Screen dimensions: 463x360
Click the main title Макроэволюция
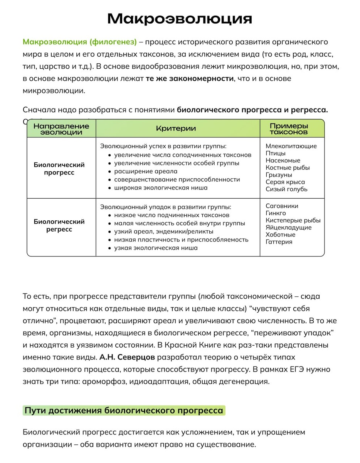click(180, 19)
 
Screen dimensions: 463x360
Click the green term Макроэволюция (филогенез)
click(80, 42)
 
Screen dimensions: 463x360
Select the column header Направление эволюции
click(61, 129)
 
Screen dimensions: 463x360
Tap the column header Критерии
click(176, 128)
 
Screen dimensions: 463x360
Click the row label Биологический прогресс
click(59, 169)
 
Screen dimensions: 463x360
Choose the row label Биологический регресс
click(59, 225)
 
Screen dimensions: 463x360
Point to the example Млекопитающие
click(291, 146)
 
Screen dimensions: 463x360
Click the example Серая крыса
click(285, 182)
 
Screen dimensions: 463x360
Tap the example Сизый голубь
click(286, 189)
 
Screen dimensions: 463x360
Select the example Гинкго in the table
click(276, 213)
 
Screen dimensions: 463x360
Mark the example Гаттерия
click(279, 242)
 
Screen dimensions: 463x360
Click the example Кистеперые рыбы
click(293, 220)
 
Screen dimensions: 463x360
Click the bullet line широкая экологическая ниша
click(161, 188)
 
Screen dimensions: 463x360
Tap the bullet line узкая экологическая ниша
click(156, 248)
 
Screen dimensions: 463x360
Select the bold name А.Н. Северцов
click(127, 357)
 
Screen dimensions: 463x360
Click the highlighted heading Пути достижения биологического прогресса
click(124, 410)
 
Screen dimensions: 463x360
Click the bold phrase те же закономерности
click(190, 79)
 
